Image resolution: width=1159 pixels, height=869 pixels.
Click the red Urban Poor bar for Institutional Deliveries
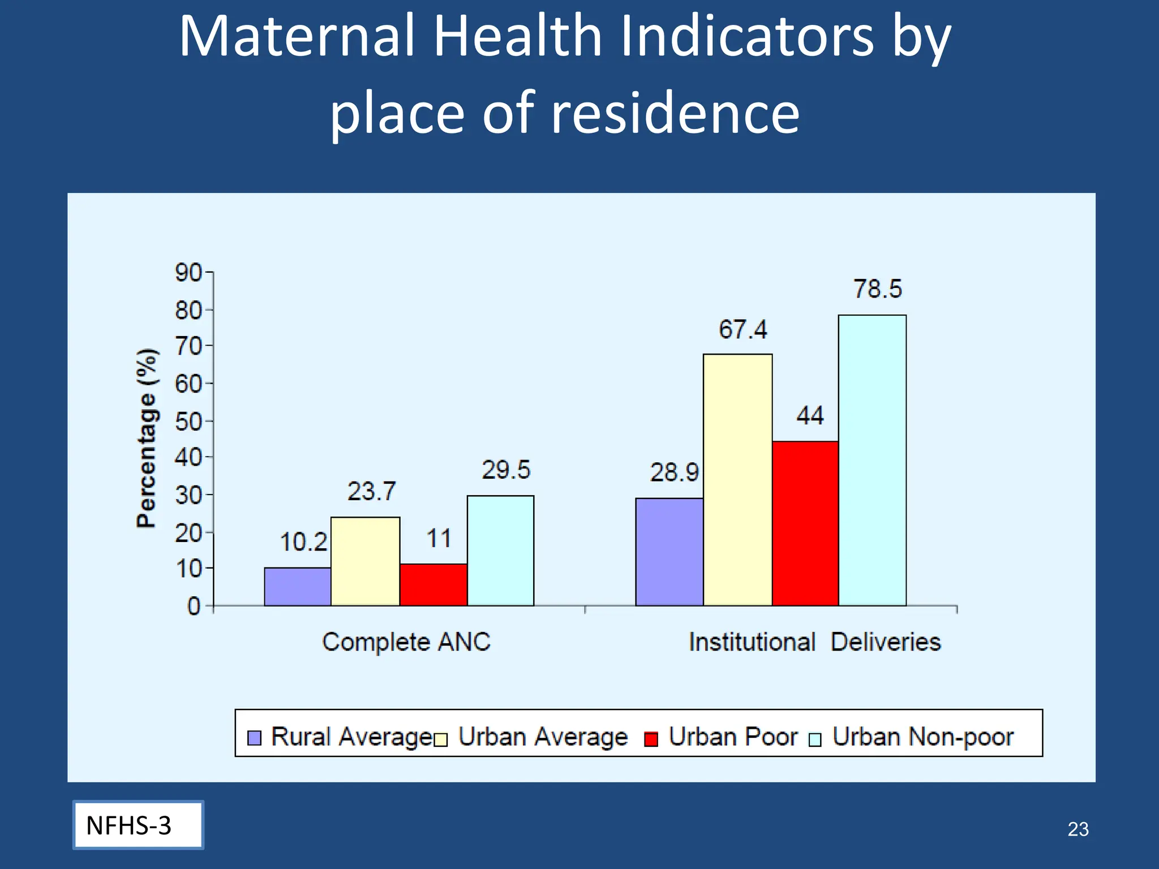click(x=805, y=523)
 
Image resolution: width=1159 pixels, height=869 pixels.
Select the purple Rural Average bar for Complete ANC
click(x=298, y=587)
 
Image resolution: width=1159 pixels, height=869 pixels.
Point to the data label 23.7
click(x=371, y=491)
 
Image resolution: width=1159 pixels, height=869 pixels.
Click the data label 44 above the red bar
click(x=810, y=416)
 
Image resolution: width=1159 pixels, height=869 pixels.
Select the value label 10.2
click(x=303, y=542)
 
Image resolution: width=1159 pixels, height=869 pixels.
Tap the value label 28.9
click(x=673, y=472)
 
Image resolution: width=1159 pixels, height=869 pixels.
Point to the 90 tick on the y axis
click(x=188, y=273)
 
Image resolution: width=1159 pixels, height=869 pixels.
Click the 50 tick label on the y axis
click(x=188, y=421)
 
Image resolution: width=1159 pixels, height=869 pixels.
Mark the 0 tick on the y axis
click(x=194, y=606)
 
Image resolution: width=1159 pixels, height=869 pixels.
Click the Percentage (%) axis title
click(x=147, y=438)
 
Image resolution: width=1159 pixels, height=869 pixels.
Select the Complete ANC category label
click(x=406, y=642)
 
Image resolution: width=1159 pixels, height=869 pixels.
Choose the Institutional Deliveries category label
click(x=814, y=642)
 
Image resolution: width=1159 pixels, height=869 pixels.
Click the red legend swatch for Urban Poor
click(x=651, y=739)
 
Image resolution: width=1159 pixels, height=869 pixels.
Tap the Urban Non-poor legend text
click(x=922, y=737)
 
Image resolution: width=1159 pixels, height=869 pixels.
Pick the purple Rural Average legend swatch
click(x=255, y=738)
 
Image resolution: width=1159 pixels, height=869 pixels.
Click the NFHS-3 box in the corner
click(x=138, y=825)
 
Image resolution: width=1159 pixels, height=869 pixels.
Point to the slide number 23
click(x=1078, y=829)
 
